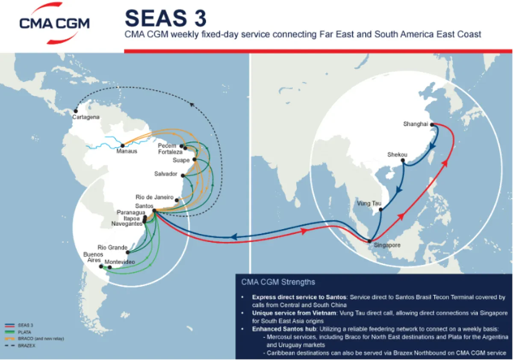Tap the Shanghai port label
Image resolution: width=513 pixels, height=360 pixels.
pyautogui.click(x=416, y=124)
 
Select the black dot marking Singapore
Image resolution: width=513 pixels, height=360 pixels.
pyautogui.click(x=370, y=241)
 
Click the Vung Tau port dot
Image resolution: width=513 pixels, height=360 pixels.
pyautogui.click(x=380, y=210)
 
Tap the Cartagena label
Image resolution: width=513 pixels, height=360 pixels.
pyautogui.click(x=86, y=117)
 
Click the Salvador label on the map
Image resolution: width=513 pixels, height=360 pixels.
pyautogui.click(x=166, y=174)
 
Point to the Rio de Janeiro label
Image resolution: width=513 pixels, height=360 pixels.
pyautogui.click(x=154, y=198)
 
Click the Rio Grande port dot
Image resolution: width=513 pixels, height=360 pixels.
pyautogui.click(x=128, y=252)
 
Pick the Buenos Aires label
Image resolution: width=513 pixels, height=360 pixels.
pyautogui.click(x=93, y=257)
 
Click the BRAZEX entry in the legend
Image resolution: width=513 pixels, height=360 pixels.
pyautogui.click(x=27, y=345)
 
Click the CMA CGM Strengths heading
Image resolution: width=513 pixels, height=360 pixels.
pyautogui.click(x=278, y=282)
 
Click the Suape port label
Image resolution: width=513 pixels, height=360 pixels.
pyautogui.click(x=181, y=160)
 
